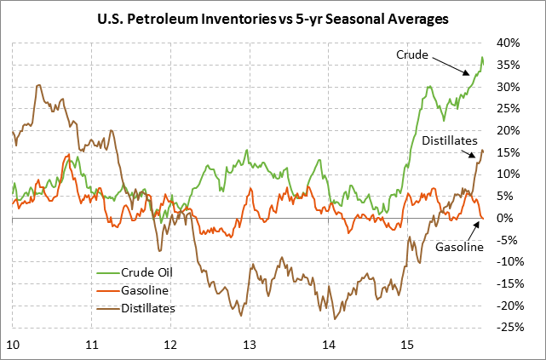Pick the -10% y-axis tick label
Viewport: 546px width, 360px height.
coord(509,262)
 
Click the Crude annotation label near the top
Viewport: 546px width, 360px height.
coord(412,54)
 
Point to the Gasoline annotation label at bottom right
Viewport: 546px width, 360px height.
coord(459,247)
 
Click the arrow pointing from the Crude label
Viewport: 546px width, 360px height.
coord(450,66)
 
